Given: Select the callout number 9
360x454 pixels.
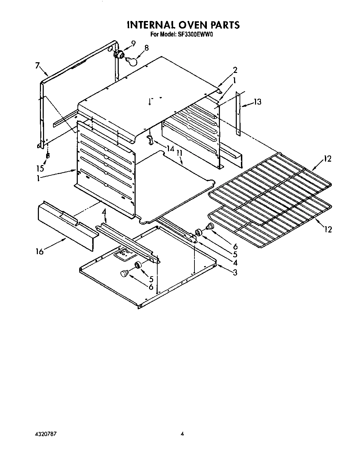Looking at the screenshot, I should click(133, 43).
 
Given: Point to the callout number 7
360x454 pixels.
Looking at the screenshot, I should click(38, 66).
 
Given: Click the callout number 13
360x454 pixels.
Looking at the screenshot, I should click(257, 102).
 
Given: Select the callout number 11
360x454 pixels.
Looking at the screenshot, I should click(179, 152).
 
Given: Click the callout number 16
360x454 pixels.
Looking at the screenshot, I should click(40, 252).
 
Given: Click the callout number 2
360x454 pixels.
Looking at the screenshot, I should click(235, 70).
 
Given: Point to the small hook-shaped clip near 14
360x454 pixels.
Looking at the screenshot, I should click(149, 139).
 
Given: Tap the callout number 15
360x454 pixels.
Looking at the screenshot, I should click(41, 168).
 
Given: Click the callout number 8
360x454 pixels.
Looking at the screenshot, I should click(147, 48).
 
